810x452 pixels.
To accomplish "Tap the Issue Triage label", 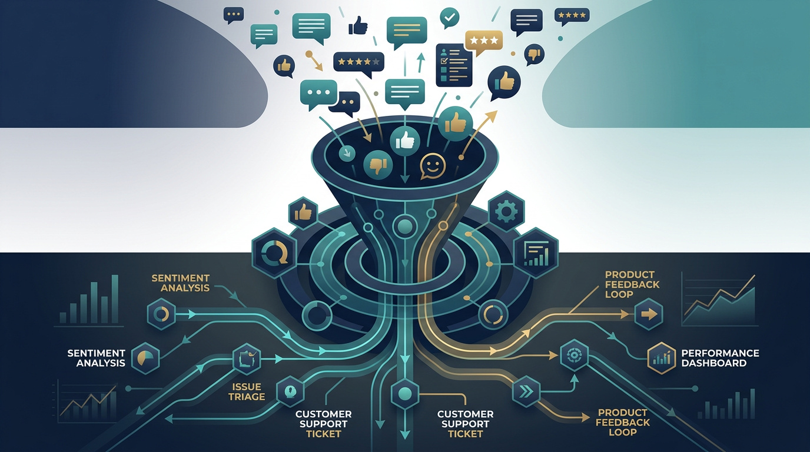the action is (247, 391).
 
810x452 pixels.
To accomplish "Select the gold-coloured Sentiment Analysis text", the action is (181, 283).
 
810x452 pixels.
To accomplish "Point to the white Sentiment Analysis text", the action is (96, 358).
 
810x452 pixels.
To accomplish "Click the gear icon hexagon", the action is (506, 211).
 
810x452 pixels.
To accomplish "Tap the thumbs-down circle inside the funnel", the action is (378, 165).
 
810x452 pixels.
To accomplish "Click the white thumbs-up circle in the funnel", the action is (404, 141).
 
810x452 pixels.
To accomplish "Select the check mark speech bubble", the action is (450, 17).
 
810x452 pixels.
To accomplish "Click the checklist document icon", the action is (454, 65).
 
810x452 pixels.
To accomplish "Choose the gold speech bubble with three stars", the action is (483, 42).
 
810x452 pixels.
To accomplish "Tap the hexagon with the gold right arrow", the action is (649, 314).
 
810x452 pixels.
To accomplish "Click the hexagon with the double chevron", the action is (526, 392).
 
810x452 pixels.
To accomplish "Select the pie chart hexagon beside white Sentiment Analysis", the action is (145, 358).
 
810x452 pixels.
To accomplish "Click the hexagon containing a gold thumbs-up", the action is (303, 213).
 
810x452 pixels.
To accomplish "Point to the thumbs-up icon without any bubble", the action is (358, 25).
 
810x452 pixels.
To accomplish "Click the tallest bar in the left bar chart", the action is (115, 298).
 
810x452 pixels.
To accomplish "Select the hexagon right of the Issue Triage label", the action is (290, 391).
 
